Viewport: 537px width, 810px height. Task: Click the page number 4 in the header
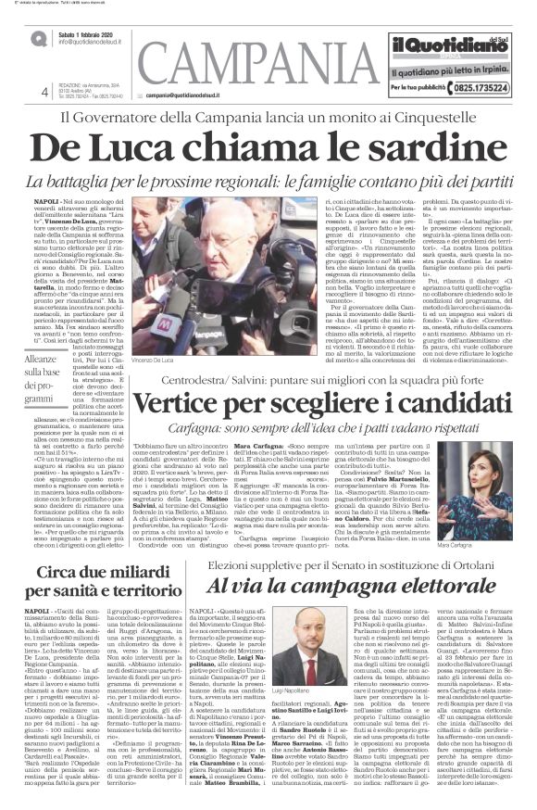click(44, 92)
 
